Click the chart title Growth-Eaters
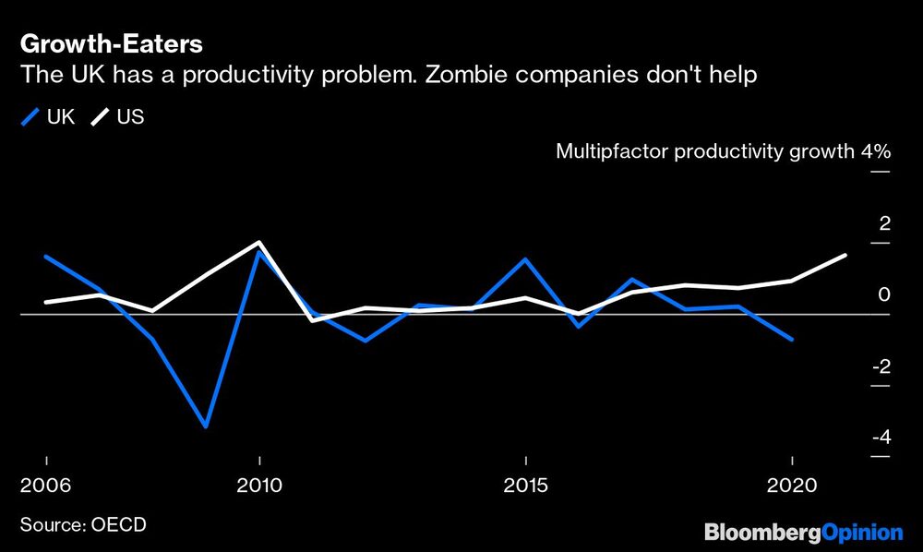112,43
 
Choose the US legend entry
117,116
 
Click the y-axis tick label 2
884,223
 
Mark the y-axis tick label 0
884,295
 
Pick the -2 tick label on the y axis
881,366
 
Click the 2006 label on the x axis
46,486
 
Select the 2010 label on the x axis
259,486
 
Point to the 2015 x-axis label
525,486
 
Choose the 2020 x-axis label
791,486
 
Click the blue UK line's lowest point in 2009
206,426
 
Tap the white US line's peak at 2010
259,243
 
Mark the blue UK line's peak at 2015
525,259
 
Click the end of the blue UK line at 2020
791,339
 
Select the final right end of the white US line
845,255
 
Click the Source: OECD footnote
83,525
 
